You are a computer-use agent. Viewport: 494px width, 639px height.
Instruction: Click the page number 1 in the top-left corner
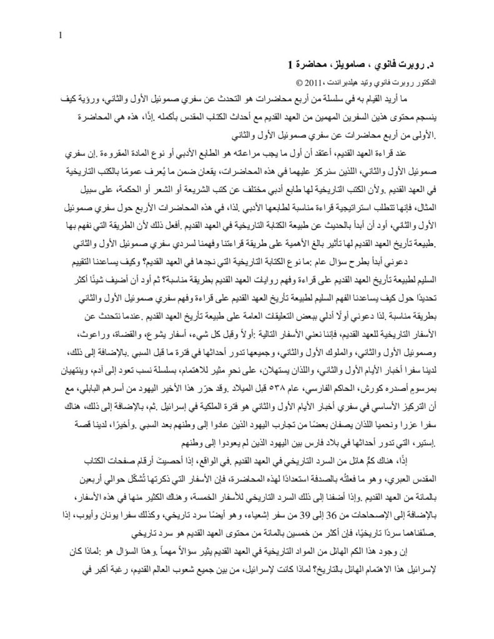point(59,36)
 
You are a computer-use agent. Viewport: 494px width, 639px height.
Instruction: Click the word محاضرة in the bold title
point(314,64)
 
